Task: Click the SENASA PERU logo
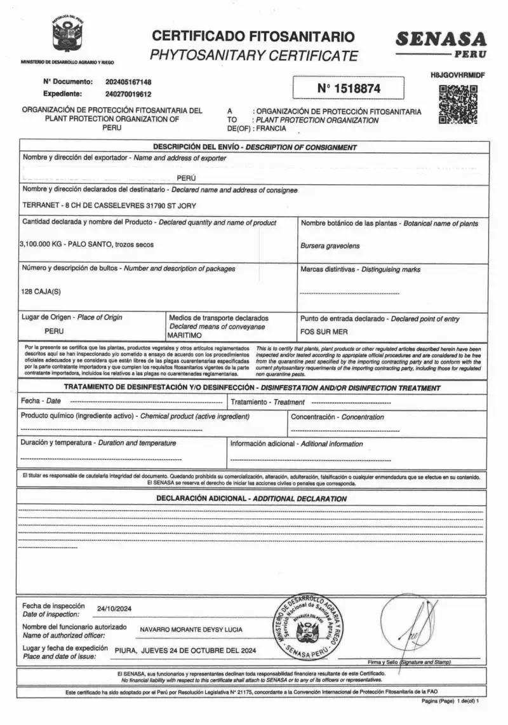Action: point(441,43)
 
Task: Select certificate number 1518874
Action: point(348,88)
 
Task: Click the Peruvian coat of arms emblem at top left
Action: point(68,36)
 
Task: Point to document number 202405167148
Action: point(128,82)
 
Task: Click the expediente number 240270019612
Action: point(128,94)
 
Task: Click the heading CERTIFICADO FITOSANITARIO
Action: point(253,36)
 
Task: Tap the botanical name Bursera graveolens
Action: point(330,245)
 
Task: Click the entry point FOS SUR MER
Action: point(324,332)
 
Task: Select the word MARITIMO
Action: point(184,334)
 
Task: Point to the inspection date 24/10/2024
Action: point(114,609)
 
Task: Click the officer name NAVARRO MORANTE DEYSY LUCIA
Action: point(190,630)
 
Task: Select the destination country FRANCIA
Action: point(271,128)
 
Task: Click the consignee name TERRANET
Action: point(41,206)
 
